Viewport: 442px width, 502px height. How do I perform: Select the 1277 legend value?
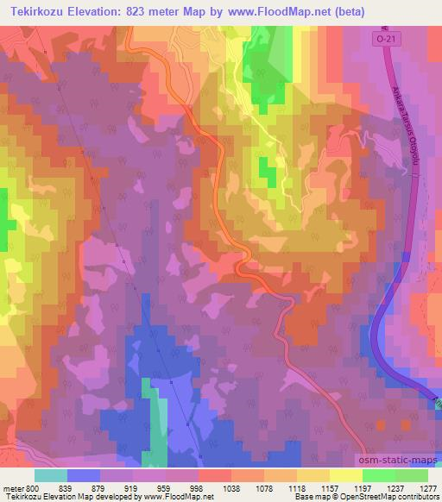(x=426, y=487)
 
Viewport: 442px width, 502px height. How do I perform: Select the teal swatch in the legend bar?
(x=51, y=475)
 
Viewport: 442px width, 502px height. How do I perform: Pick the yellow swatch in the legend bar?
(x=345, y=475)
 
